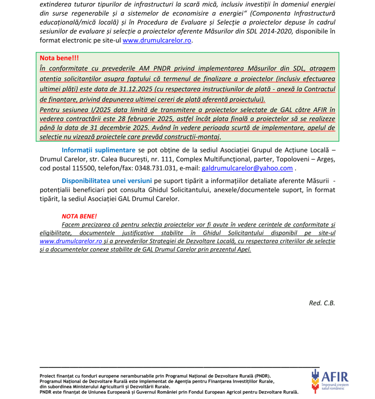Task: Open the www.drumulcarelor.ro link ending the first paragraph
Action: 157,40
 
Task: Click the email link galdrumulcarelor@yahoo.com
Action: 247,168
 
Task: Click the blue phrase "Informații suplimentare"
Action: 98,150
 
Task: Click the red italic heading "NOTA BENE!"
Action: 79,216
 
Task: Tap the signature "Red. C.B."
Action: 322,303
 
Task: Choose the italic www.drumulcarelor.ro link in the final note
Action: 71,241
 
